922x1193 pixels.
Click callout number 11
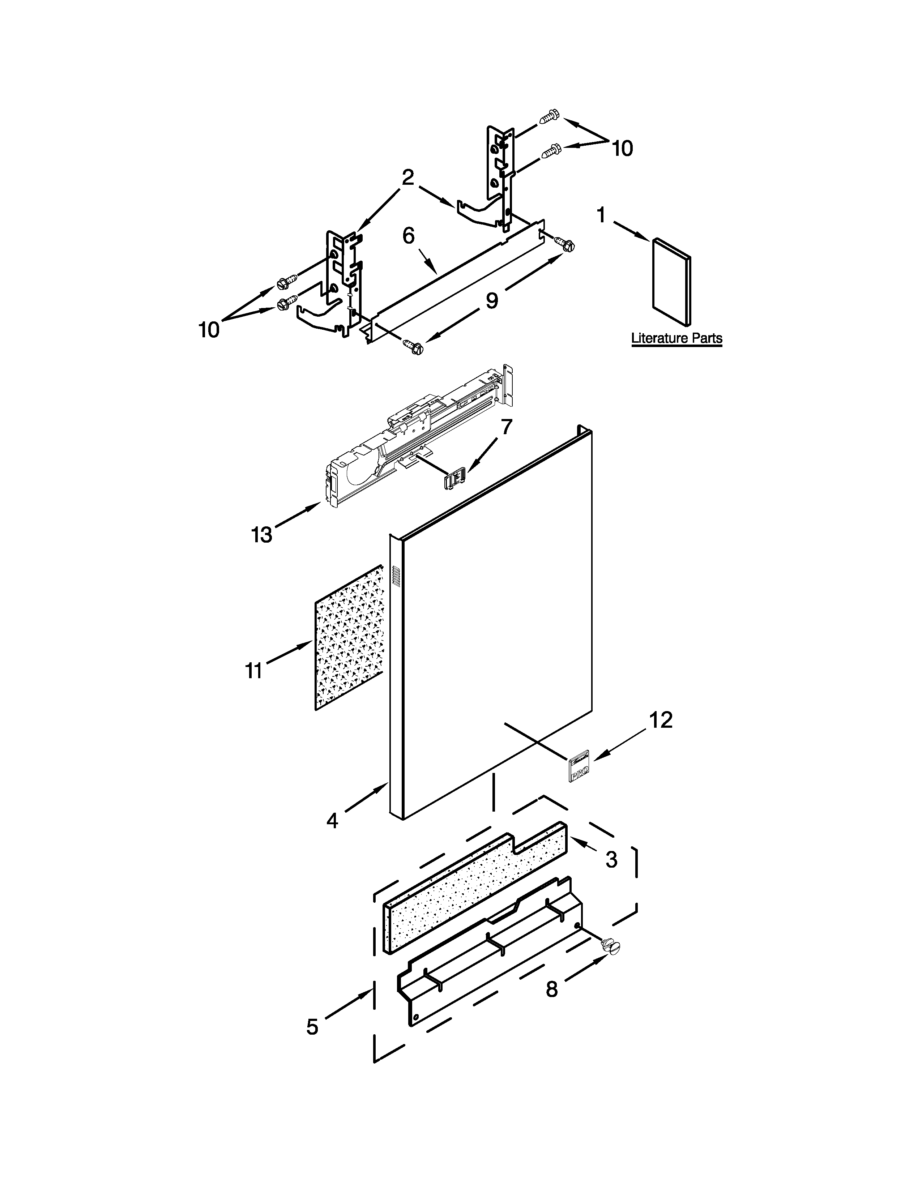click(254, 670)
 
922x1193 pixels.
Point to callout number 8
click(552, 989)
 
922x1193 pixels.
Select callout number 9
click(492, 300)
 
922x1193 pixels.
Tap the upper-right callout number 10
click(622, 148)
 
